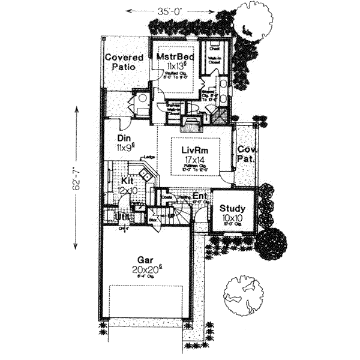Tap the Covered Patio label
(x=124, y=62)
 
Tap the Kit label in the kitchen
(x=127, y=180)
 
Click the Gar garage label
(x=143, y=260)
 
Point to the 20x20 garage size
(x=145, y=270)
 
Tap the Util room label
(x=123, y=215)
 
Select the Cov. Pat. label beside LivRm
(x=244, y=155)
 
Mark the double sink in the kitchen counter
(x=145, y=174)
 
